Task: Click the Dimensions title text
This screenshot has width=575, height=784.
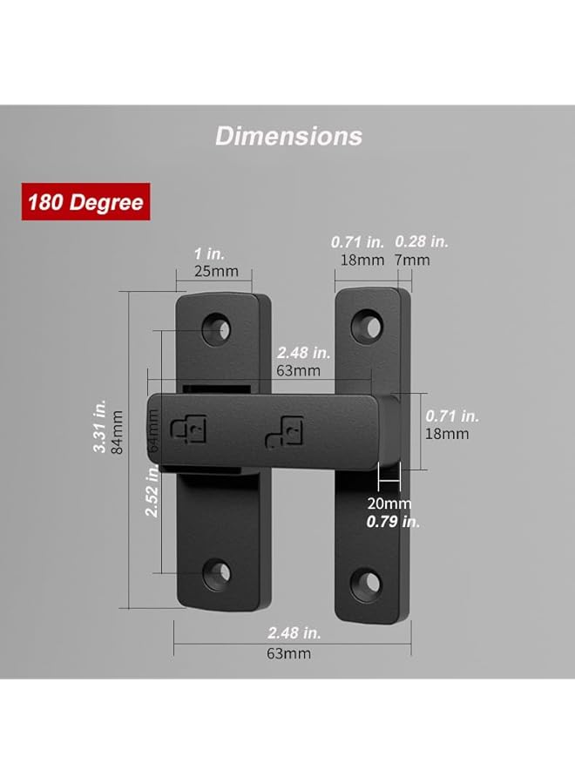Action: pos(288,136)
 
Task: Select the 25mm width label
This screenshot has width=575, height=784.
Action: pos(215,271)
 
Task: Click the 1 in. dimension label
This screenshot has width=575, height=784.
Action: pos(214,253)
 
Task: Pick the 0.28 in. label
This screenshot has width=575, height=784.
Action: pos(422,241)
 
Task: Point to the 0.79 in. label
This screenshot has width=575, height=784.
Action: pos(393,521)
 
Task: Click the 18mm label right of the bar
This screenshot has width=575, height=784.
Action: pos(447,434)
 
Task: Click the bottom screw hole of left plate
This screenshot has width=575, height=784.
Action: pos(217,572)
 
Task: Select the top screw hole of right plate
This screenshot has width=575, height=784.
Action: pos(367,327)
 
